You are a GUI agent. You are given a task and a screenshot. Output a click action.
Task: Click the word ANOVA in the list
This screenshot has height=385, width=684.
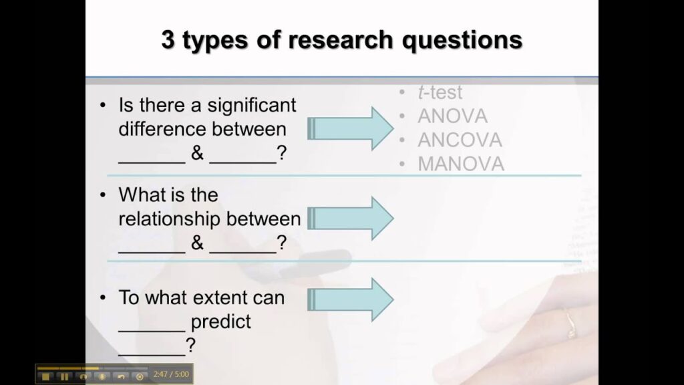click(452, 116)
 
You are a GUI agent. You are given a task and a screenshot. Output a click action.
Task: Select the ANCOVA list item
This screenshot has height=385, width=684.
click(460, 140)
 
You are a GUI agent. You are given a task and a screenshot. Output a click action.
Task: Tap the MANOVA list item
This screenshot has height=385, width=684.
click(461, 164)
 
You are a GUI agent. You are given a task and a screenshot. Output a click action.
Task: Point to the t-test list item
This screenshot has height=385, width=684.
click(440, 93)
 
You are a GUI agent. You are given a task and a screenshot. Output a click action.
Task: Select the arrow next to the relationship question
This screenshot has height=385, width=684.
click(351, 219)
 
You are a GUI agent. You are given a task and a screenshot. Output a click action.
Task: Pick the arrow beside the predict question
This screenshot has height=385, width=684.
click(351, 299)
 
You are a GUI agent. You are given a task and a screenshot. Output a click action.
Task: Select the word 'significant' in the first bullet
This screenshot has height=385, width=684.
click(251, 105)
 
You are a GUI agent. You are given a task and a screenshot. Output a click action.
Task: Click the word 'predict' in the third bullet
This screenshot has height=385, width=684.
click(220, 322)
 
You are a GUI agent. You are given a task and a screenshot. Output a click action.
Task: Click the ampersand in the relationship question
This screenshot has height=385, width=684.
click(197, 243)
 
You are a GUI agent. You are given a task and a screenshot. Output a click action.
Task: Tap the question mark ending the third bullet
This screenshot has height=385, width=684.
click(191, 346)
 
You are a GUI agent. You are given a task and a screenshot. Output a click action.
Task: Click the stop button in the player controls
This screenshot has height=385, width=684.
click(45, 376)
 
